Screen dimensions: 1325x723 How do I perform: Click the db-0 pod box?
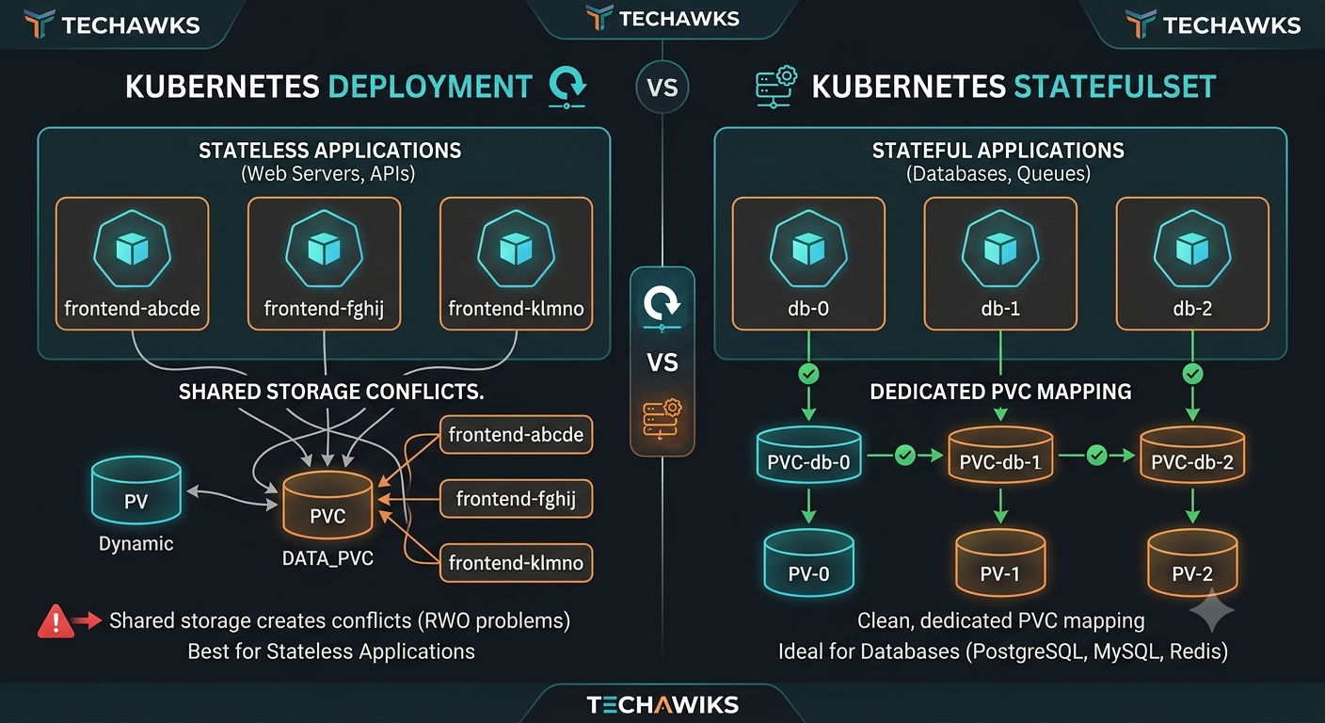tap(808, 264)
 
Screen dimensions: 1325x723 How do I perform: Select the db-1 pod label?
tap(1000, 308)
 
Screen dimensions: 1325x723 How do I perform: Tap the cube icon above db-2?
tap(1192, 249)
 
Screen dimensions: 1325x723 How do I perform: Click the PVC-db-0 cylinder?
tap(808, 454)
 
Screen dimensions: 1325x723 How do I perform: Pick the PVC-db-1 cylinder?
tap(1000, 454)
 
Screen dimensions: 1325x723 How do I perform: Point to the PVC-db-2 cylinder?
tap(1192, 454)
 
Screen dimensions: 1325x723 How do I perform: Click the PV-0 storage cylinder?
tap(808, 562)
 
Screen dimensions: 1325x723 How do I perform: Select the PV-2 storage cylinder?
tap(1192, 562)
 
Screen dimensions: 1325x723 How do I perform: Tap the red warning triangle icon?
tap(56, 622)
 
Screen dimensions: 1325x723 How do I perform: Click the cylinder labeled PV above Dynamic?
tap(136, 490)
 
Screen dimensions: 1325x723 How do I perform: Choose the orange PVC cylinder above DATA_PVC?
tap(327, 505)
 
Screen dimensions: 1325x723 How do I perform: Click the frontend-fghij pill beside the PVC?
tap(516, 499)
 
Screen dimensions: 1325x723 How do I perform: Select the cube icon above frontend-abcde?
tap(132, 249)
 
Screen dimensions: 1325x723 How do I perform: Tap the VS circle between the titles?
tap(662, 87)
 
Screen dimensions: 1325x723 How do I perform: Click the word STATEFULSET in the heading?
tap(1115, 87)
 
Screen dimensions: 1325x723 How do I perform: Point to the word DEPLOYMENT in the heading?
tap(430, 87)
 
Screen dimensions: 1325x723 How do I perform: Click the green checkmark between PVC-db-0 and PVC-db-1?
tap(905, 455)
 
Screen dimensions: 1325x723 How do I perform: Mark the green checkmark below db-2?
tap(1192, 374)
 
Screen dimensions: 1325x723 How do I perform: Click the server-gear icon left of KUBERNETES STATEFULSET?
tap(776, 87)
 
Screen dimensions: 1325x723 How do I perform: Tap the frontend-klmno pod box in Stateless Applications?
tap(516, 264)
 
